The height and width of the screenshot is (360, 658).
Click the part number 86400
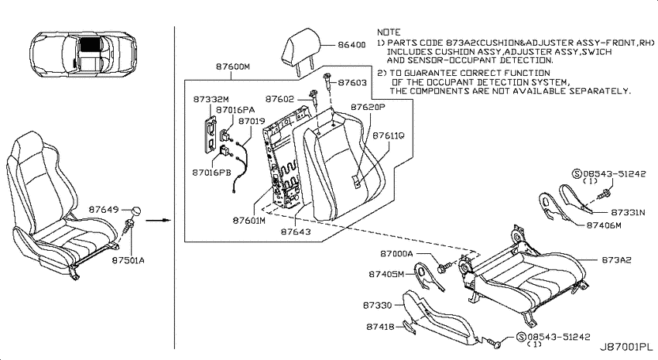351,44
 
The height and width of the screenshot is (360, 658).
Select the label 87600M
233,67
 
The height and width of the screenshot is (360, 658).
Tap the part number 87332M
211,99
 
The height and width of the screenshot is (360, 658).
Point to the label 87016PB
211,173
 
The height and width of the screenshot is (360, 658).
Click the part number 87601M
248,221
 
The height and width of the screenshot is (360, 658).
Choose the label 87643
296,231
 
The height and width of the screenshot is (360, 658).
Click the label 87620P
368,107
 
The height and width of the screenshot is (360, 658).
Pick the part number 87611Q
389,135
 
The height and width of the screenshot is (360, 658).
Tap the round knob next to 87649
135,211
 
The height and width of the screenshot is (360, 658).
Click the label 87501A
128,260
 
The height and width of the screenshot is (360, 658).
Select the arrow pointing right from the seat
159,219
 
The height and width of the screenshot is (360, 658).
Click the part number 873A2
616,260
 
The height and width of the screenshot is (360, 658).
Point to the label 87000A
396,253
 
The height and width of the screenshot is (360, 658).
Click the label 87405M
386,274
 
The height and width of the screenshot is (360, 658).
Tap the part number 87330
377,305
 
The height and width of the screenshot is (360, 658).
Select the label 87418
380,327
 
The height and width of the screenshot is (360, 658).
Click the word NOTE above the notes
389,32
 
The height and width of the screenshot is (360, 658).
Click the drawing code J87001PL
625,347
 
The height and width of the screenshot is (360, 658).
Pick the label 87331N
628,212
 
